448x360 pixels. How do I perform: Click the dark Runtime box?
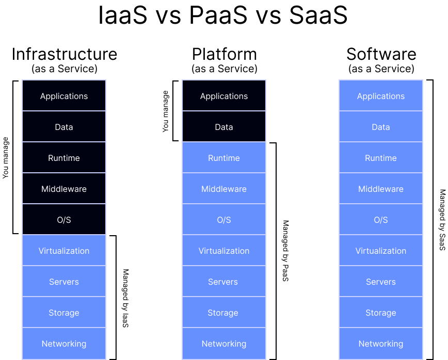64,158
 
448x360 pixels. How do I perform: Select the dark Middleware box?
64,189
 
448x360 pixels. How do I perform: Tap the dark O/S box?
64,220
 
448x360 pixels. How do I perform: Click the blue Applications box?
381,96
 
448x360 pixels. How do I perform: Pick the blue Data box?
381,127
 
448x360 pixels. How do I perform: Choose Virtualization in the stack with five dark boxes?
64,251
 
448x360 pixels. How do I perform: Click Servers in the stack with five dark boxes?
64,282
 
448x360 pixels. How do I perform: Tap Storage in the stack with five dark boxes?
64,313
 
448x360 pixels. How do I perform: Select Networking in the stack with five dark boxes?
64,343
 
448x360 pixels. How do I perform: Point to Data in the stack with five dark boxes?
64,127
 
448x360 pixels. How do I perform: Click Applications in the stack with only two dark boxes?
224,96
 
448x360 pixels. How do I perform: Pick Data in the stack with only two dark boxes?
224,127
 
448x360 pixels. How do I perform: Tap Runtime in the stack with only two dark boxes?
224,158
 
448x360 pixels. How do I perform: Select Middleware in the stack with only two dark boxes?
224,189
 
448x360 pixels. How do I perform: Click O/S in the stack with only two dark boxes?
224,220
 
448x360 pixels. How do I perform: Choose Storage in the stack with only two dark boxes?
224,313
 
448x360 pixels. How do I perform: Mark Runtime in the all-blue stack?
381,158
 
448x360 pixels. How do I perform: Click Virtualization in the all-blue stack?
381,251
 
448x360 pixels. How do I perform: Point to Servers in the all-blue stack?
381,282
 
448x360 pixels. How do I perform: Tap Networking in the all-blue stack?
381,343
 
